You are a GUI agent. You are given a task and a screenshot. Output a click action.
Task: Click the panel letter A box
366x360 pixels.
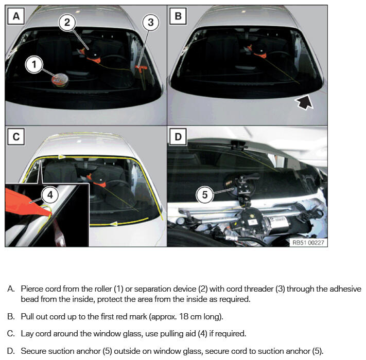point(16,16)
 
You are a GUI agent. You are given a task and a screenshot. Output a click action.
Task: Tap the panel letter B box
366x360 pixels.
point(178,16)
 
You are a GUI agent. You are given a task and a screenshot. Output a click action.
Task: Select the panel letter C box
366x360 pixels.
point(16,137)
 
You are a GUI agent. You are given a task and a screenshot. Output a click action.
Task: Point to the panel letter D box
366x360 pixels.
point(178,137)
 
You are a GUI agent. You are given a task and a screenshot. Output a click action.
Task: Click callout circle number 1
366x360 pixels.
point(34,64)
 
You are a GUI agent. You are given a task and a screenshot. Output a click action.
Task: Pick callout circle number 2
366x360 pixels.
point(67,23)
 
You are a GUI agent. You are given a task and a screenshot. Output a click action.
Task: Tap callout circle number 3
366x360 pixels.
point(150,23)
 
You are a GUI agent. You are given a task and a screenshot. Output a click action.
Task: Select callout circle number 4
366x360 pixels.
point(50,195)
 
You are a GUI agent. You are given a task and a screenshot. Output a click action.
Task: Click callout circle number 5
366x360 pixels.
point(204,195)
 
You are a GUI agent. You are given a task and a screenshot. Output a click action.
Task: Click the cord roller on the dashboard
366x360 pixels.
point(60,80)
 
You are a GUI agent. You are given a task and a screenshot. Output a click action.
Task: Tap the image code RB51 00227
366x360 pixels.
point(308,243)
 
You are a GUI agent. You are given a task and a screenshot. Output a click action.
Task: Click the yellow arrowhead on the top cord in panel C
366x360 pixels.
point(62,157)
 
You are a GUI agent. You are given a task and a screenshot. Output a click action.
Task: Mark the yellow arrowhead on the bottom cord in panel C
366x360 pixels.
point(114,224)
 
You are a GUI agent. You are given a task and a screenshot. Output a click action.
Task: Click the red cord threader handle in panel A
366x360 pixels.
point(140,67)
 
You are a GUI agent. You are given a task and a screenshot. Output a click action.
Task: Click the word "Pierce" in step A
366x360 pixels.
point(32,289)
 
